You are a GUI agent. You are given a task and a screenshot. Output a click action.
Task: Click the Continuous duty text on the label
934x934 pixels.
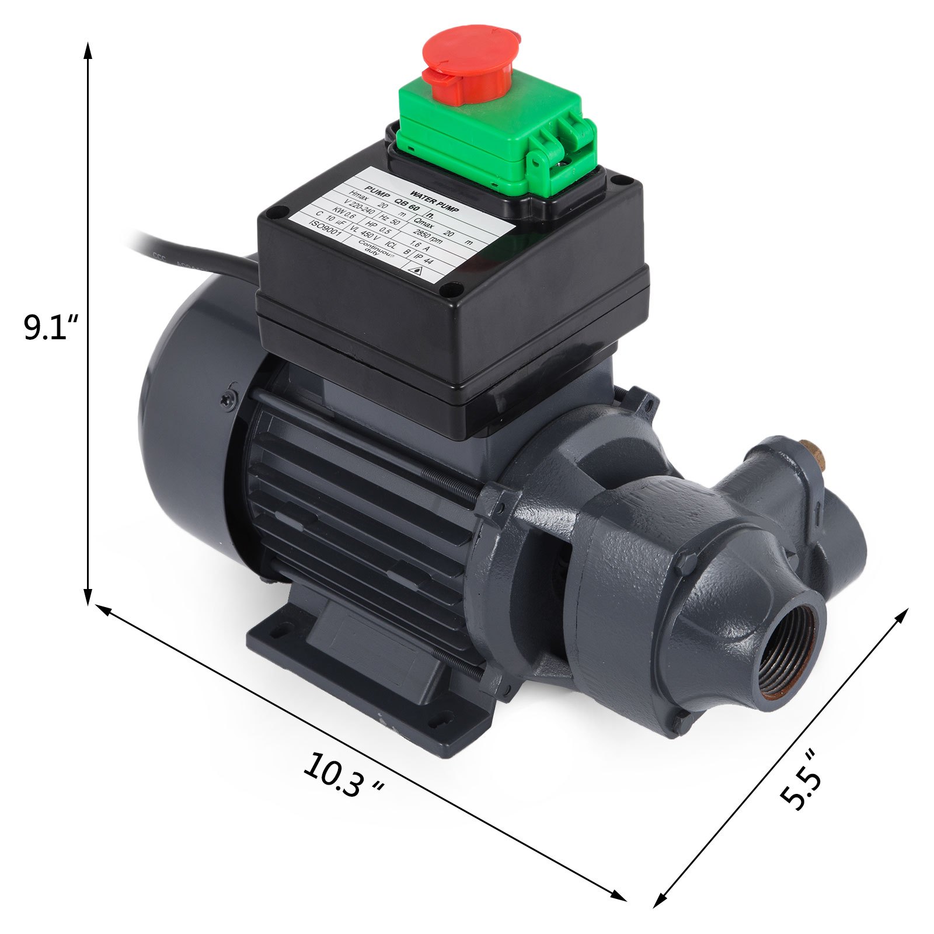pyautogui.click(x=374, y=249)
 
